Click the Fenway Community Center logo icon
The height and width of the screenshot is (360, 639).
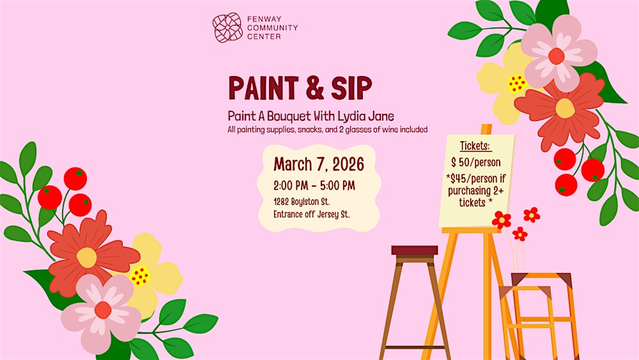tap(227, 27)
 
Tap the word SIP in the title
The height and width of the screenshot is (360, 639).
tap(350, 89)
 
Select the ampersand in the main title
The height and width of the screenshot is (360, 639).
tap(314, 89)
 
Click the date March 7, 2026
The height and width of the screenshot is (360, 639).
tap(319, 164)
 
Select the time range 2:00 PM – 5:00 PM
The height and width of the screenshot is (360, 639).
tap(314, 186)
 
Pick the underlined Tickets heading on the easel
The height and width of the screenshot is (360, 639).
tap(476, 145)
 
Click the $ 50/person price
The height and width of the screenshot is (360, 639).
tap(476, 162)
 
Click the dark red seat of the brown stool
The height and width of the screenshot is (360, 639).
tap(415, 250)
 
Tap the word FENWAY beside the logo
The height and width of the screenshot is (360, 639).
tap(263, 19)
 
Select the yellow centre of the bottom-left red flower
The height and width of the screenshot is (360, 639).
tap(87, 257)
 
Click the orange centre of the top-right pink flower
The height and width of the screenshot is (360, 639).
tap(557, 56)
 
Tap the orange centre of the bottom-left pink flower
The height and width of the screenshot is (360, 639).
tap(103, 310)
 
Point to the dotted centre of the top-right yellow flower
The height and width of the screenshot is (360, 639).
tap(516, 83)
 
